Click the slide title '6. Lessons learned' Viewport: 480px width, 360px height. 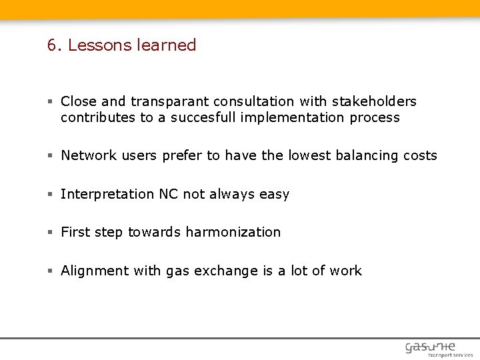pos(121,45)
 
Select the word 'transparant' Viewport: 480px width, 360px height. pos(170,101)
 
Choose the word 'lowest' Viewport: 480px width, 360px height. pos(311,155)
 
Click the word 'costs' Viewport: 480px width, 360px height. pos(420,155)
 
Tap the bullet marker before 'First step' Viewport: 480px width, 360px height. pos(50,233)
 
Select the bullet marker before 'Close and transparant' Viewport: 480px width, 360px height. pos(50,102)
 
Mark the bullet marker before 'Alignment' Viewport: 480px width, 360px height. pos(50,271)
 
